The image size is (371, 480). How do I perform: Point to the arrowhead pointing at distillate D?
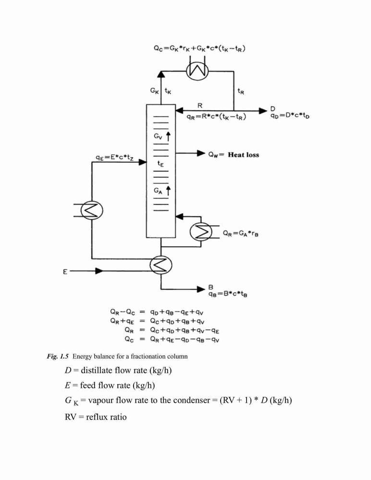click(x=263, y=110)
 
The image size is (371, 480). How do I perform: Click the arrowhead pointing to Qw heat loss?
click(x=201, y=153)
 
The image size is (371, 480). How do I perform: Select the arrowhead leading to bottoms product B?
click(x=201, y=288)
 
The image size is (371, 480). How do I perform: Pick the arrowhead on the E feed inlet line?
click(x=99, y=271)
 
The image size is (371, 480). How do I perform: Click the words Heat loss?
click(x=244, y=155)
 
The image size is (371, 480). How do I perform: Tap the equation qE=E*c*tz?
click(x=114, y=158)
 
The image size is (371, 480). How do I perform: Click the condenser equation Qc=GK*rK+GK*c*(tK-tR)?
click(x=199, y=48)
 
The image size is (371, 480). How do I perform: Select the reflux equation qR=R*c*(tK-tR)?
click(x=216, y=117)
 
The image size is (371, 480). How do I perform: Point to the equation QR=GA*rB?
click(x=241, y=234)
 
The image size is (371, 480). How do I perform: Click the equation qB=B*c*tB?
click(x=228, y=294)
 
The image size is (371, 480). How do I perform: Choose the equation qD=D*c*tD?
click(x=290, y=116)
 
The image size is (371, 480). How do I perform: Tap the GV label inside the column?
click(x=158, y=136)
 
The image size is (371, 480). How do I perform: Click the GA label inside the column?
click(x=158, y=191)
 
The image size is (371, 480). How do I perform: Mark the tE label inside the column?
click(x=161, y=164)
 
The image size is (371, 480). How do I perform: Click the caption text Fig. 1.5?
click(x=58, y=356)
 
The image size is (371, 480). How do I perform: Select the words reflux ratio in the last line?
click(x=106, y=417)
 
